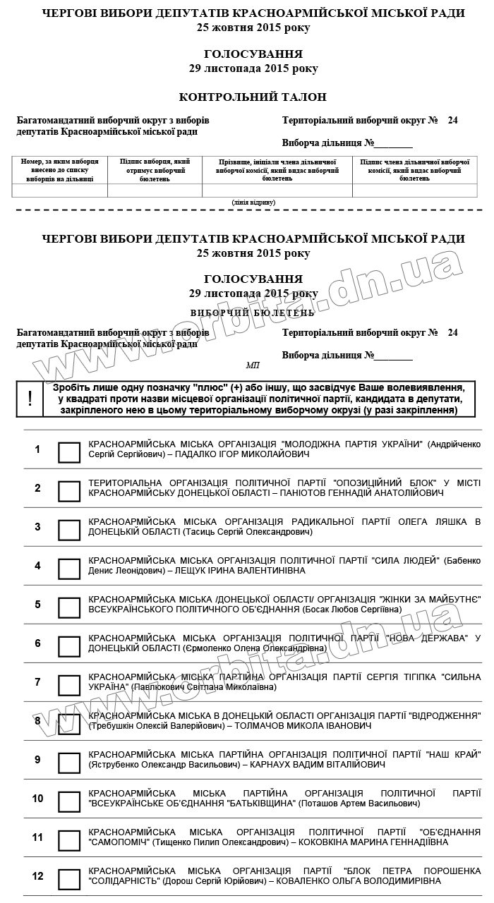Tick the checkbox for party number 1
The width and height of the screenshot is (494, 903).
click(x=69, y=452)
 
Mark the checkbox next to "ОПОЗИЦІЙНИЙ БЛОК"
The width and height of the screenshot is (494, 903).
click(x=69, y=491)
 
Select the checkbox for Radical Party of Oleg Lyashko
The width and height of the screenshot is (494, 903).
click(x=69, y=530)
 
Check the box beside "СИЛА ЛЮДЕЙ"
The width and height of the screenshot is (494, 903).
click(x=69, y=569)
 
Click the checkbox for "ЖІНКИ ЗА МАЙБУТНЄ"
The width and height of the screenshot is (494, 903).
click(x=69, y=607)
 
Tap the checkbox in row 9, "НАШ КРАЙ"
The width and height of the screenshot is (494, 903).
click(x=69, y=763)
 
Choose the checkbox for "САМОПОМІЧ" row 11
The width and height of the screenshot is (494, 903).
click(x=69, y=840)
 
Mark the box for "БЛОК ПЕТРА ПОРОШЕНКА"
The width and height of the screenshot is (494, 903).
click(x=69, y=879)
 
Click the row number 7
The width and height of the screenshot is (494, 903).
click(x=38, y=682)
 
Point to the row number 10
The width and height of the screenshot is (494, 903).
click(x=38, y=799)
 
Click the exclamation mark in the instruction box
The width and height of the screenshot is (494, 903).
click(x=30, y=399)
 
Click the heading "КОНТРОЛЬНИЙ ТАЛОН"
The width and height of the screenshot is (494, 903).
click(x=253, y=97)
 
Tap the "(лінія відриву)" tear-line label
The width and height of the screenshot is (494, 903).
click(x=253, y=202)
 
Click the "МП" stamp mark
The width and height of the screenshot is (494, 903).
click(x=253, y=365)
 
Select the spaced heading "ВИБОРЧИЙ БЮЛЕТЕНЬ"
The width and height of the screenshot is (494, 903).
click(x=253, y=312)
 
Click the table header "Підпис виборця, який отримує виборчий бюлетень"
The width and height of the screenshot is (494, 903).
click(x=155, y=170)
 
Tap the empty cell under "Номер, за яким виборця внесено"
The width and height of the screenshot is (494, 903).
click(x=60, y=190)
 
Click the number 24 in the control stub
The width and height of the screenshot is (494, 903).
click(x=452, y=121)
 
